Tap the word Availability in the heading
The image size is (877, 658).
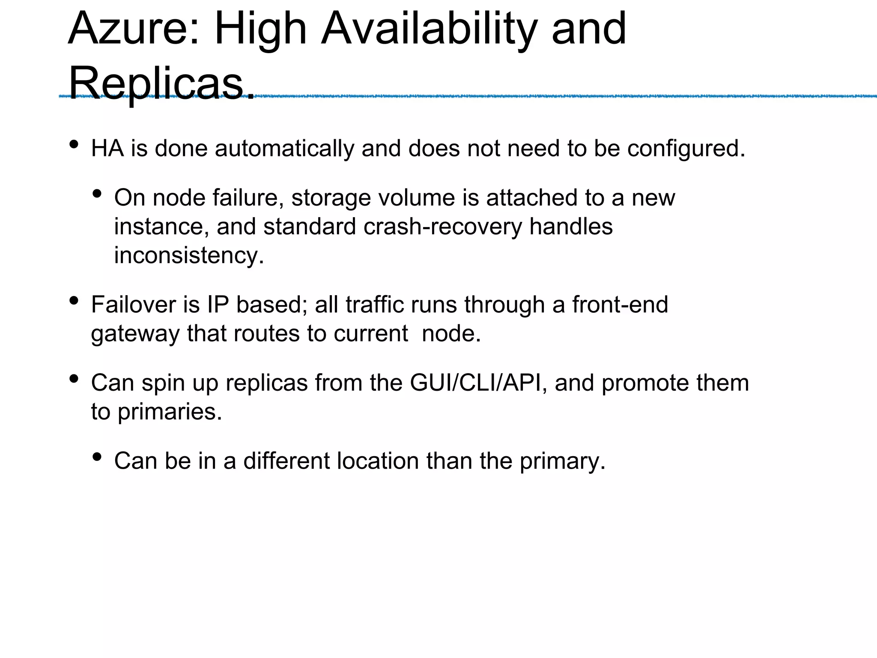(x=428, y=29)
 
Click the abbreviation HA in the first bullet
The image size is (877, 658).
(x=107, y=149)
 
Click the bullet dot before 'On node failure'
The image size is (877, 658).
(x=97, y=194)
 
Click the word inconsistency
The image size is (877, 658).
(x=189, y=255)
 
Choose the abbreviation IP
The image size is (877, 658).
(x=218, y=305)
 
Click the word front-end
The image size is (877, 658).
(x=620, y=305)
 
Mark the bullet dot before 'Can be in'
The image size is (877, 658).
(x=97, y=457)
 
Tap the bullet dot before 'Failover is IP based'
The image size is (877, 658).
(x=74, y=301)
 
